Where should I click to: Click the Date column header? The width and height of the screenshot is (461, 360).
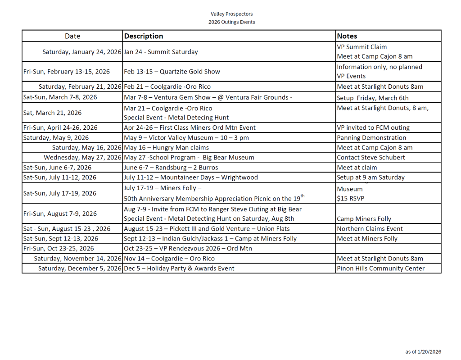point(72,36)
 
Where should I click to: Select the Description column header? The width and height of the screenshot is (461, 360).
point(144,36)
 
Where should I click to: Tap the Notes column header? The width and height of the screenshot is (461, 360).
point(347,36)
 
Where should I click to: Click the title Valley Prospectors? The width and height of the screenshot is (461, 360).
point(231,14)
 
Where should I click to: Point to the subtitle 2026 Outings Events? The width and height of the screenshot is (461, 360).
point(231,22)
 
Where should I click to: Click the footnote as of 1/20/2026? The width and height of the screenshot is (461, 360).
point(423,352)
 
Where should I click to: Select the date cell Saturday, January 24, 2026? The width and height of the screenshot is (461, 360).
point(82,52)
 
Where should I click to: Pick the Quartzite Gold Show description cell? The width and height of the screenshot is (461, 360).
point(172,71)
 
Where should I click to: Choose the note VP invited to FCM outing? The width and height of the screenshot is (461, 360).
point(373,128)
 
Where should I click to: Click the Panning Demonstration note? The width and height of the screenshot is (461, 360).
point(371,138)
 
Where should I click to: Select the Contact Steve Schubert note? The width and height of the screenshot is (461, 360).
point(371,157)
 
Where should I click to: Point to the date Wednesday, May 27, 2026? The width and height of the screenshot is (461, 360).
point(83,157)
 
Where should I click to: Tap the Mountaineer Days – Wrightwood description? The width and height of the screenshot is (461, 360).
point(191,177)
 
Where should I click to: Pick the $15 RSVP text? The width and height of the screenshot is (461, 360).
point(351,199)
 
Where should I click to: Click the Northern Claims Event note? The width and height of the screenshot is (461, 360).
point(370,228)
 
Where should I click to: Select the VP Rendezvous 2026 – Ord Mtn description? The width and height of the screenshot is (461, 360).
point(188,248)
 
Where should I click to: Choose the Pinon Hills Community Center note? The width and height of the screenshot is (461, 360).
point(380,268)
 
